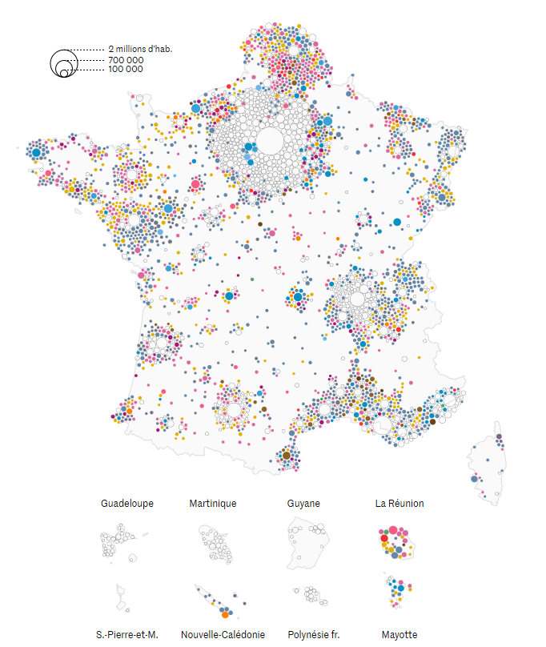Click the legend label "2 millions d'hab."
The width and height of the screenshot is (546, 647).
(140, 49)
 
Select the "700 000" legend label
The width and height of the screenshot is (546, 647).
(126, 59)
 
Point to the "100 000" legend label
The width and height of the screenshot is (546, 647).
(126, 69)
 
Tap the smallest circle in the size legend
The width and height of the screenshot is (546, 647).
(63, 74)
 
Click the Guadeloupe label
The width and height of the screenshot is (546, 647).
(127, 504)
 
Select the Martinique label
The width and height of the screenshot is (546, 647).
(213, 504)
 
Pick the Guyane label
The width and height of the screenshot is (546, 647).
(303, 504)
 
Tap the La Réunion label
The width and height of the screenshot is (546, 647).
(399, 504)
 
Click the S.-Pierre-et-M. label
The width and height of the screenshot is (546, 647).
(127, 634)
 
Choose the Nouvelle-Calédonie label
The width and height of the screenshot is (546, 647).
(223, 634)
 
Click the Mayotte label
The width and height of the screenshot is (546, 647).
(399, 634)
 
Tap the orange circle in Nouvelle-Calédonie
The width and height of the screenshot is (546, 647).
(225, 614)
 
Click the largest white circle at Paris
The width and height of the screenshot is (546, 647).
(269, 141)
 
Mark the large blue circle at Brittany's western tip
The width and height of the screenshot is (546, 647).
(36, 151)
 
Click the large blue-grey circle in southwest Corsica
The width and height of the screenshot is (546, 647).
(475, 479)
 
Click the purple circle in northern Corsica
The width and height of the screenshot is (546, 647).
(499, 437)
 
